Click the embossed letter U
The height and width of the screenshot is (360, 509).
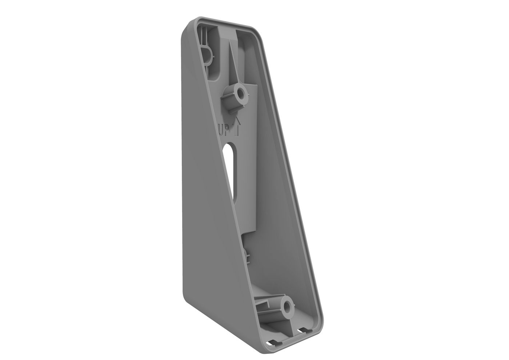point(221,129)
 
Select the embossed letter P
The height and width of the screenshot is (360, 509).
point(228,129)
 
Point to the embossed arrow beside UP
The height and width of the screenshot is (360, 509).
point(237,125)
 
